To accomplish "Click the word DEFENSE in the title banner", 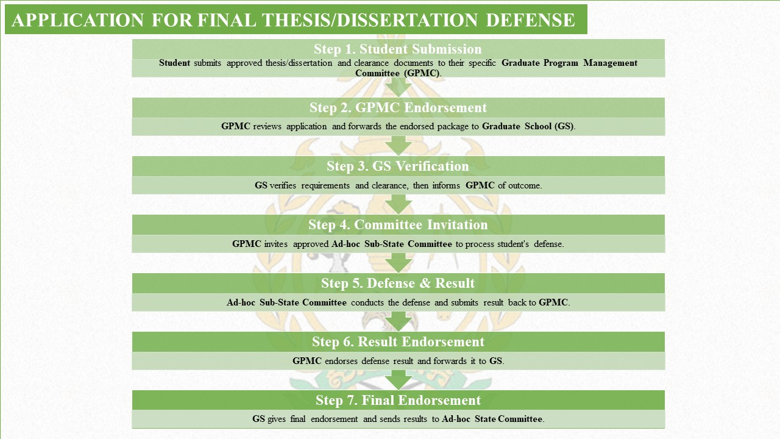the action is (x=530, y=20).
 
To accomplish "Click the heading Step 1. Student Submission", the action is (x=398, y=49).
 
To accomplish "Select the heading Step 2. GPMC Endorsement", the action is (x=398, y=108).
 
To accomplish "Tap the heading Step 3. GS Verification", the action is (x=398, y=166).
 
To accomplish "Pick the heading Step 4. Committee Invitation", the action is (x=398, y=225).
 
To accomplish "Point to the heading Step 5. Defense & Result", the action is (x=398, y=284).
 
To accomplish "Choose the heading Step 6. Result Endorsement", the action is (x=398, y=342).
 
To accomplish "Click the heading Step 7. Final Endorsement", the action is (x=398, y=401).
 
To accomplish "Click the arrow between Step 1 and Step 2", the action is (x=399, y=87).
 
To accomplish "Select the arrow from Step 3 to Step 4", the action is (x=399, y=204).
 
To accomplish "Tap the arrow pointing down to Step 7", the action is (x=399, y=380).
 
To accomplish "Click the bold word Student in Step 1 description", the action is (x=174, y=63).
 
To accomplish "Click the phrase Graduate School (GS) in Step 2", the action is (x=528, y=126).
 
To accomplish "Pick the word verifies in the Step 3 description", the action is (x=283, y=185).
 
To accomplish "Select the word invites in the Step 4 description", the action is (x=276, y=244).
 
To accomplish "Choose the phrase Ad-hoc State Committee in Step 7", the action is (x=492, y=419).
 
